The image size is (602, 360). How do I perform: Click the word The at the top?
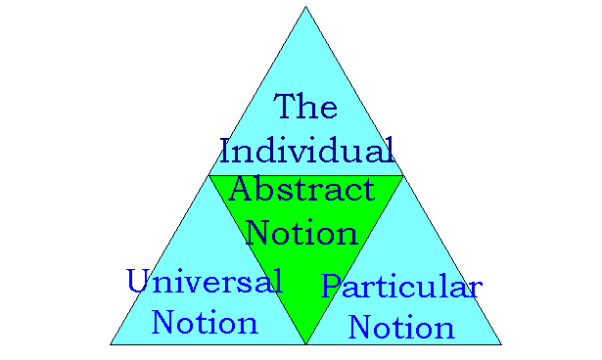pos(305,107)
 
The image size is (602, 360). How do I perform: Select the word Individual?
pos(306,152)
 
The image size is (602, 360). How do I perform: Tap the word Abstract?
pos(301,191)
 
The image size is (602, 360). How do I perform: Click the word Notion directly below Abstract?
pos(301,233)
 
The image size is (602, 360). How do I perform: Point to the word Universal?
pos(205,283)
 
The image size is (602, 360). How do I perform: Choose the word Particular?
pos(401,288)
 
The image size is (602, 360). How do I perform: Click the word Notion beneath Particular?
pos(401,327)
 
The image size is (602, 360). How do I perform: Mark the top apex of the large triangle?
pos(305,7)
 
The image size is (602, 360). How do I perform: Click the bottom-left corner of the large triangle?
pos(111,344)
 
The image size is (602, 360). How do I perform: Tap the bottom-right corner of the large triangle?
pos(501,344)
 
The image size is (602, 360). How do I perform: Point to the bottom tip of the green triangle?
pos(305,343)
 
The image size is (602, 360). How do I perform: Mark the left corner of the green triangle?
pos(209,176)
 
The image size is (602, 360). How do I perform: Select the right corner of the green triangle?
pos(402,176)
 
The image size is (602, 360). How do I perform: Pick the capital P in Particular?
pos(333,288)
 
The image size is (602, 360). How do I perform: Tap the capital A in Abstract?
pos(241,190)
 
